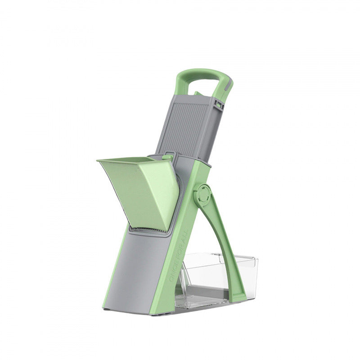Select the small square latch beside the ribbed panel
point(219,104)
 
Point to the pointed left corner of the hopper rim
point(99,161)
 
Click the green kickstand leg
point(223,243)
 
